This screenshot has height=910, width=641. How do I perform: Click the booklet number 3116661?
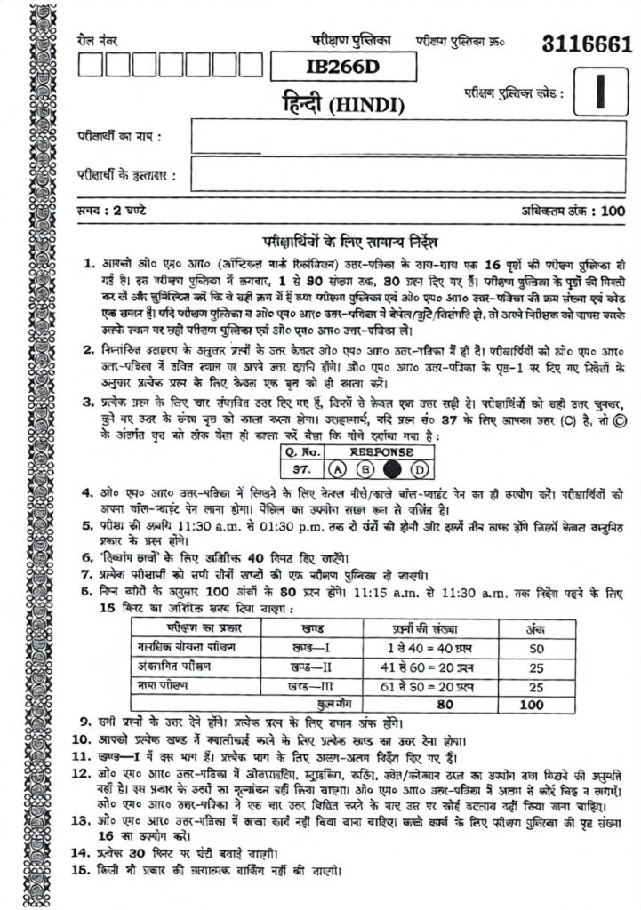point(586,44)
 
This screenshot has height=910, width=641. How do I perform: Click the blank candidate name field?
point(407,138)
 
